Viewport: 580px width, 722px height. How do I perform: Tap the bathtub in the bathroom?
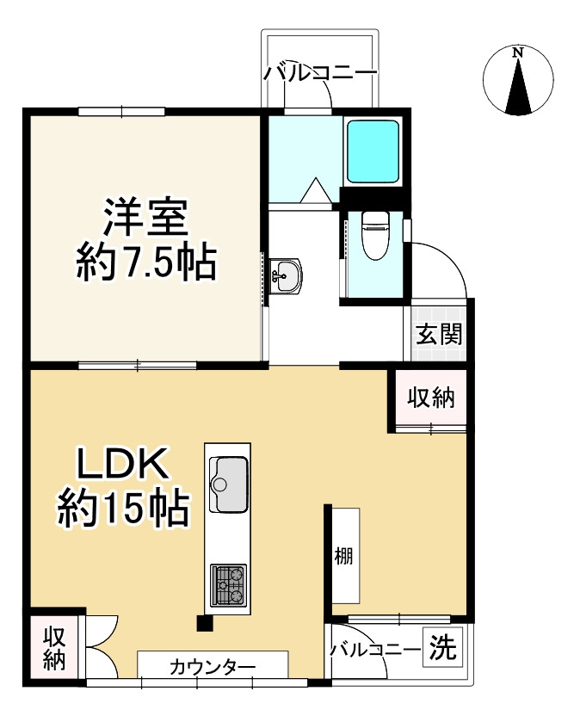pos(373,151)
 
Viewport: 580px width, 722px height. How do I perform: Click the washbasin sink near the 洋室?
pos(285,275)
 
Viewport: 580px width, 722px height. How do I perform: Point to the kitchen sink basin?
pos(230,475)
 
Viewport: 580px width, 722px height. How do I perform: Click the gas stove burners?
pos(228,586)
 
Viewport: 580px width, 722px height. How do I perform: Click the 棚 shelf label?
pos(343,555)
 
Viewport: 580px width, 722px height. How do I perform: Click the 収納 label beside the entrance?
pos(430,398)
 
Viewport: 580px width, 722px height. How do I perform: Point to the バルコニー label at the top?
pos(320,73)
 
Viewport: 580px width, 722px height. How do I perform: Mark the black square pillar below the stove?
pos(204,624)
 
